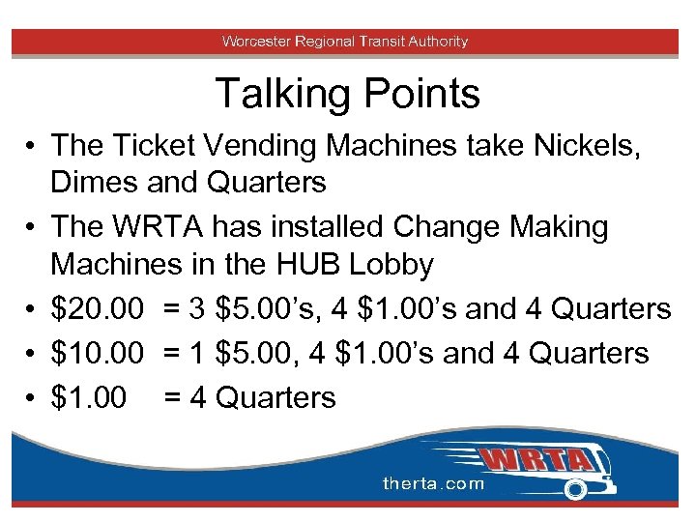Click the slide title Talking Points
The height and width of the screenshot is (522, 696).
(x=347, y=94)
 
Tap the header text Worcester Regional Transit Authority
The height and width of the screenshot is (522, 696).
(x=345, y=42)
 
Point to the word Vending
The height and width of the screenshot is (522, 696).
(x=253, y=147)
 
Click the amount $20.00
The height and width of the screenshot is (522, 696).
(x=98, y=309)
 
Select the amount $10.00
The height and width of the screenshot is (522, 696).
(x=98, y=353)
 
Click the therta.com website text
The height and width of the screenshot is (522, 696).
(x=432, y=483)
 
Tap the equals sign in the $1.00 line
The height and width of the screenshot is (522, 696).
(x=173, y=397)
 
